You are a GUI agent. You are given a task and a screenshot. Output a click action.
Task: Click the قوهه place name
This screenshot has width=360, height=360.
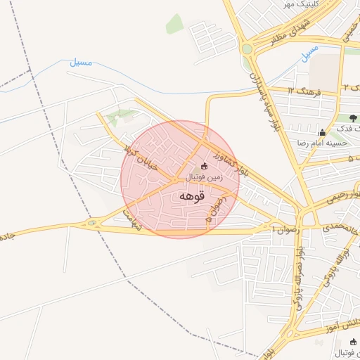pos(191,196)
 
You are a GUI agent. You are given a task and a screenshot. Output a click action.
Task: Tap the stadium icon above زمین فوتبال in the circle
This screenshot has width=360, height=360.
pos(205,166)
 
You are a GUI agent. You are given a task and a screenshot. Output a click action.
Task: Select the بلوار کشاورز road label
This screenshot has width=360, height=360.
pos(233,162)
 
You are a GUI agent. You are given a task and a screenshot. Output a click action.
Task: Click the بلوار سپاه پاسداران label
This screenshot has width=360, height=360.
pos(263,98)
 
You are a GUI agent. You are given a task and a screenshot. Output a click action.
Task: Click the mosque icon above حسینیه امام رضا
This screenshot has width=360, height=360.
pos(322,132)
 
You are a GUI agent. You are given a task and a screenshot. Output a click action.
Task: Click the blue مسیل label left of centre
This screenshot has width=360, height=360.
pos(81,63)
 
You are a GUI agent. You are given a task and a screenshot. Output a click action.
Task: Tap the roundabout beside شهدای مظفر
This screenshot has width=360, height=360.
pos(247,49)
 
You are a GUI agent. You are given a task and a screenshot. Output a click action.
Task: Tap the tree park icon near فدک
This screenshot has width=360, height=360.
pos(352,118)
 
